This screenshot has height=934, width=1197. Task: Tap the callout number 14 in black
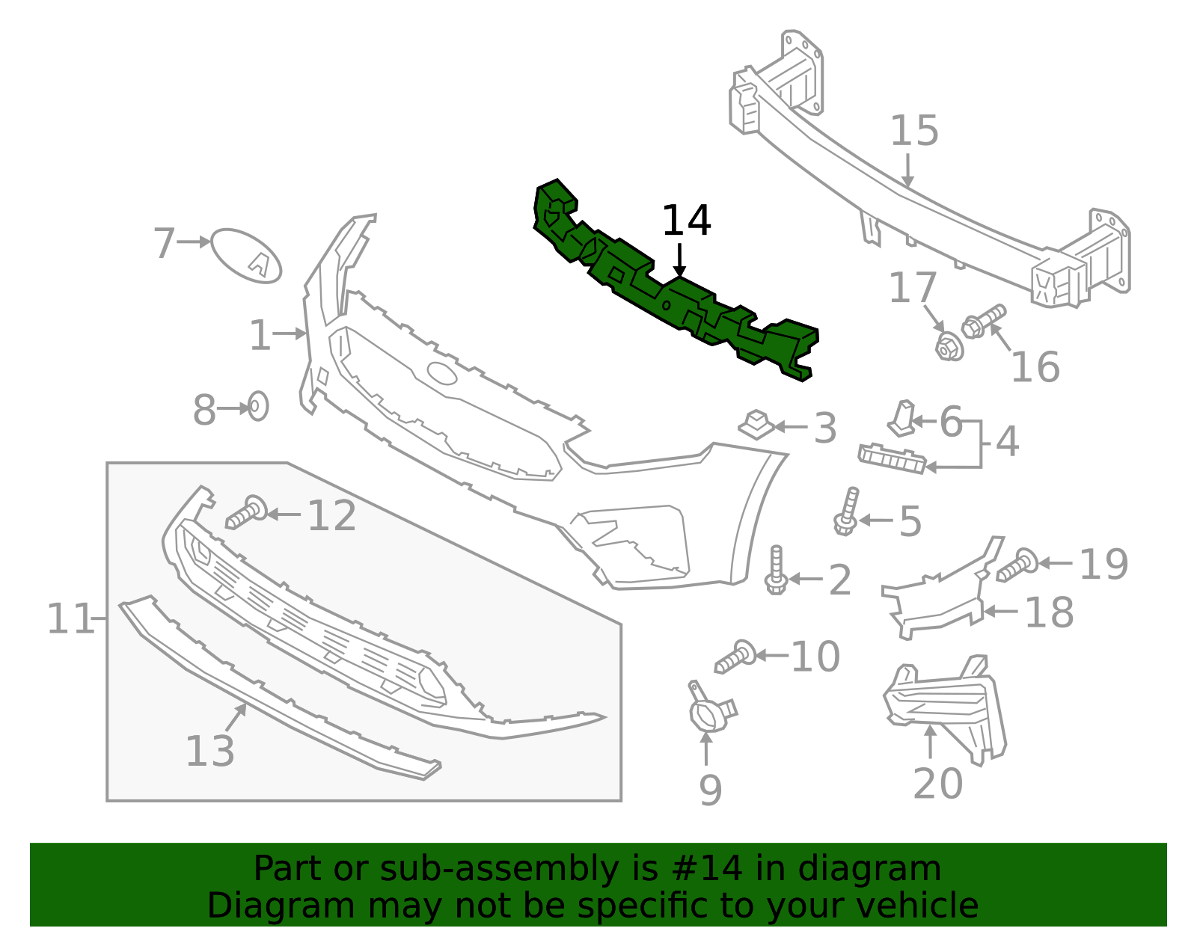pyautogui.click(x=686, y=221)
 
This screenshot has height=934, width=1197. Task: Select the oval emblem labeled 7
pyautogui.click(x=246, y=256)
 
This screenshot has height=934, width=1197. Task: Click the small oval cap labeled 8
pyautogui.click(x=257, y=406)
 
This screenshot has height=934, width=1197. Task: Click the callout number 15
pyautogui.click(x=913, y=132)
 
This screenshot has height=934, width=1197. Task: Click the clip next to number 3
pyautogui.click(x=757, y=425)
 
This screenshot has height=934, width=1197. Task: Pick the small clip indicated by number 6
pyautogui.click(x=902, y=419)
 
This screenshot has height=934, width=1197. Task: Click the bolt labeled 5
pyautogui.click(x=847, y=512)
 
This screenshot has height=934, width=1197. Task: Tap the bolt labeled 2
pyautogui.click(x=776, y=571)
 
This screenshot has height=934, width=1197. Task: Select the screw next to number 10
pyautogui.click(x=735, y=657)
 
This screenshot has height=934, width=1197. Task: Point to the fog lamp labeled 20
pyautogui.click(x=945, y=707)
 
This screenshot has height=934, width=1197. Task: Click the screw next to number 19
pyautogui.click(x=1017, y=565)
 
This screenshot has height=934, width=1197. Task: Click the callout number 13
pyautogui.click(x=209, y=752)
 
